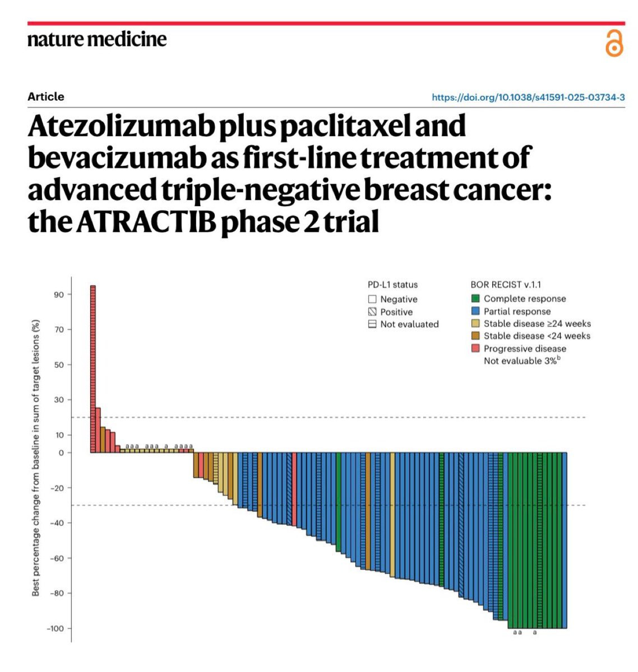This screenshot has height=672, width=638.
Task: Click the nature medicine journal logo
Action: click(x=97, y=39)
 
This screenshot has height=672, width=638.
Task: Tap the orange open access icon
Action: click(x=614, y=44)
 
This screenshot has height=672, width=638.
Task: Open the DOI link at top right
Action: click(x=528, y=97)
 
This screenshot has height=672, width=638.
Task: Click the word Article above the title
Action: click(x=46, y=96)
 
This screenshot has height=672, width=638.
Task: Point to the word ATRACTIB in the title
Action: click(x=146, y=222)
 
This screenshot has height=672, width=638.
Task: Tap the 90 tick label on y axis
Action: click(x=59, y=295)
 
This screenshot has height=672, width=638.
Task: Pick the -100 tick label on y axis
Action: click(x=56, y=628)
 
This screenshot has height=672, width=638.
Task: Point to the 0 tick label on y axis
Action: click(x=62, y=452)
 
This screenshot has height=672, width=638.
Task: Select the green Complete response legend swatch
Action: click(x=475, y=298)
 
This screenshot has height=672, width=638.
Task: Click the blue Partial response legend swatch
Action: click(x=475, y=311)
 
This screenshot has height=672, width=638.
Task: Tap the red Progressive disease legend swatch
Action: click(x=475, y=348)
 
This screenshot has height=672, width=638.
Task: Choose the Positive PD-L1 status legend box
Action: click(x=372, y=312)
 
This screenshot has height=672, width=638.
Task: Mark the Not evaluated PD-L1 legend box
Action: click(x=372, y=324)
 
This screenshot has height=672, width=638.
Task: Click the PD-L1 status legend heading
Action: click(x=392, y=284)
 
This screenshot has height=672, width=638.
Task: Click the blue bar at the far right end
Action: click(x=564, y=540)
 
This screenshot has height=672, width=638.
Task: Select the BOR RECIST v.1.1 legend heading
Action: click(x=505, y=284)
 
